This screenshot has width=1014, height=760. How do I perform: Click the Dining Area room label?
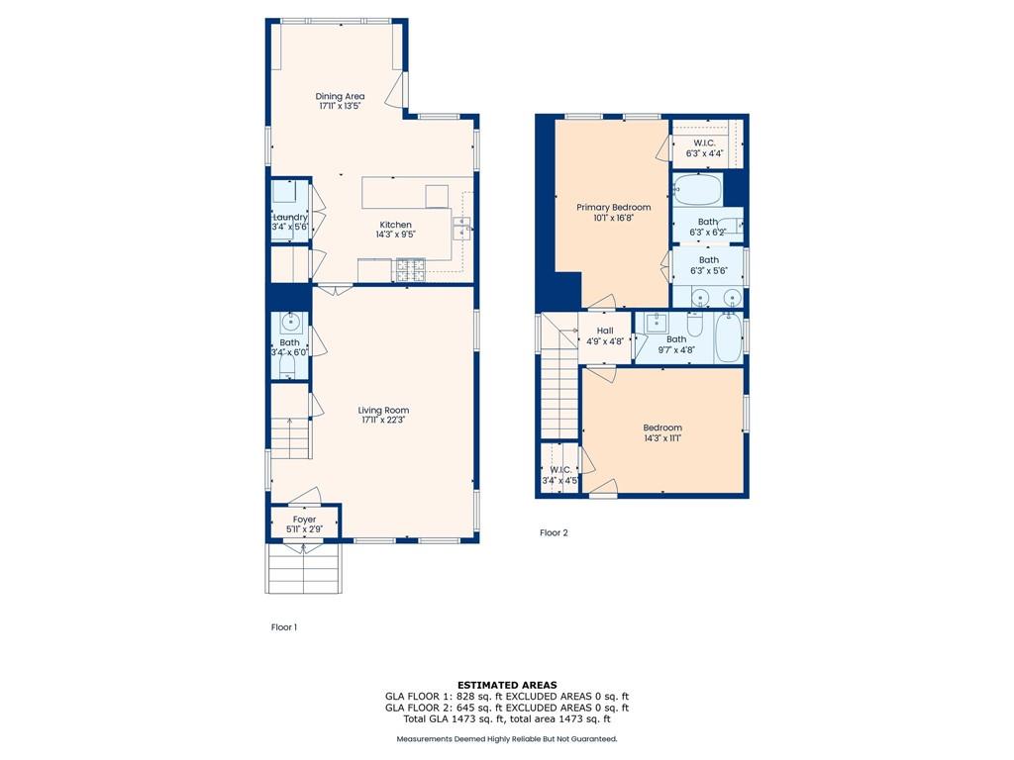340,96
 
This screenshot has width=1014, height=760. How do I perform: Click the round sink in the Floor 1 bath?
290,322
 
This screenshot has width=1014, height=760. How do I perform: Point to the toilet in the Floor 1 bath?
288,368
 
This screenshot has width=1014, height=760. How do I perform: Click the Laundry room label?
290,217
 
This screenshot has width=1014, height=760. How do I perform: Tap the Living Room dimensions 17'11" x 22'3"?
383,421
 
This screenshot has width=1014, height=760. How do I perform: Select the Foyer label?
304,519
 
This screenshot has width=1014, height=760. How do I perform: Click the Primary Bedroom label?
614,207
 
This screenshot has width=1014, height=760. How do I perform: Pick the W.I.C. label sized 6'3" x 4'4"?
705,153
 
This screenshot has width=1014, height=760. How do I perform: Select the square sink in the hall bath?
656,322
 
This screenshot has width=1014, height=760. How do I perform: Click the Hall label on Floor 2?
604,331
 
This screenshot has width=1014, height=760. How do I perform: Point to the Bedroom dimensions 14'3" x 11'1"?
661,438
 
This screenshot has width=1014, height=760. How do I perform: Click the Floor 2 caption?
554,532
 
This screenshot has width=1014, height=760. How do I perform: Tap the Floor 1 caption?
284,626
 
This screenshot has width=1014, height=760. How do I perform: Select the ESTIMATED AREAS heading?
506,685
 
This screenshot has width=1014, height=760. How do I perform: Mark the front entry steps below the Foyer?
304,570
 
